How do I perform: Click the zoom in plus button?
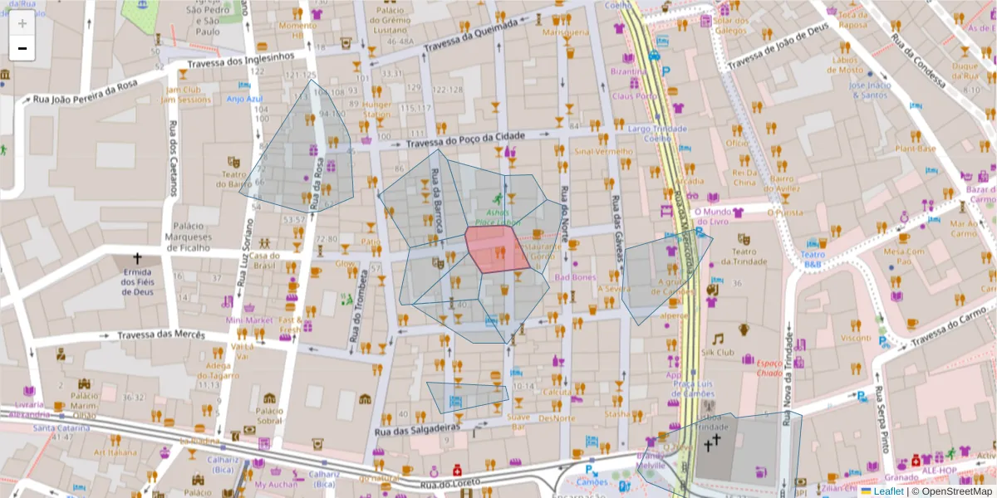pos(22,23)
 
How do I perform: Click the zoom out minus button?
pos(22,48)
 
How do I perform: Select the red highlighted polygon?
pos(496,248)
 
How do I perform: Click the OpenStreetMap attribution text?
pos(951,491)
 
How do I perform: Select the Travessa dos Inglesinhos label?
pos(241,61)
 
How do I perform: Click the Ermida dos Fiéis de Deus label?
pos(137,286)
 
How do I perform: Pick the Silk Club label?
pos(719,352)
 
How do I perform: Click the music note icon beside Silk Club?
pos(718,338)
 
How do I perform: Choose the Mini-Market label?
pos(249,320)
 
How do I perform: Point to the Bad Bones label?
pos(575,277)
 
